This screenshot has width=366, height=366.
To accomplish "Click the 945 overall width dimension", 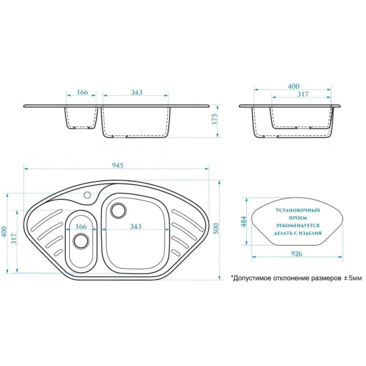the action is (118, 165).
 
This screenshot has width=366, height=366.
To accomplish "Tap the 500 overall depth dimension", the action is (216, 229).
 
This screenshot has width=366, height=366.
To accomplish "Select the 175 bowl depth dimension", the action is (214, 119).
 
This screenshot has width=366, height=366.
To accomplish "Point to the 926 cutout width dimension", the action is (297, 254).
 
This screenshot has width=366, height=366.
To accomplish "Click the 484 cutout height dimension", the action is (244, 222).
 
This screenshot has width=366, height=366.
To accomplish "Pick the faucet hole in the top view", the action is (88, 194).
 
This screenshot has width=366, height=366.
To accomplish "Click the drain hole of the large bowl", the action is (118, 210).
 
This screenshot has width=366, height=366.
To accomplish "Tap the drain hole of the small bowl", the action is (81, 241).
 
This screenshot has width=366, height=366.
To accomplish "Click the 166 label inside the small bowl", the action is (81, 226).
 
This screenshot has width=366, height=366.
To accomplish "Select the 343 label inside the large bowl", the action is (136, 226).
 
